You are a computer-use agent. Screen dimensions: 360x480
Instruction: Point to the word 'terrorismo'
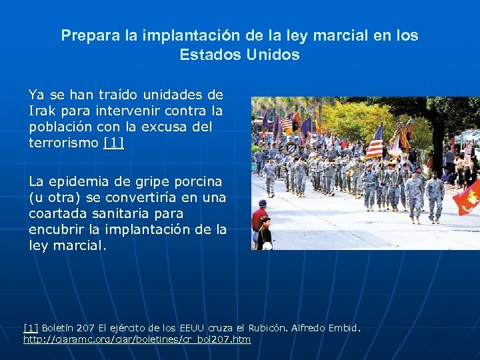click(65, 143)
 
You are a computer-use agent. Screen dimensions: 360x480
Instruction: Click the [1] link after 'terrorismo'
click(114, 143)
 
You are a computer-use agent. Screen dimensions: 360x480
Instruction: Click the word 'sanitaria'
click(125, 213)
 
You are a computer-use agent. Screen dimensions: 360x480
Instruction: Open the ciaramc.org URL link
click(137, 339)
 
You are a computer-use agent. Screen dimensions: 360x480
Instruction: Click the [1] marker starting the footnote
click(30, 328)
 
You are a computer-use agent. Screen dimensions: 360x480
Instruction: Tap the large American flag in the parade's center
click(375, 141)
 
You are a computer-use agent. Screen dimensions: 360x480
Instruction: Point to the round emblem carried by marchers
click(291, 149)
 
